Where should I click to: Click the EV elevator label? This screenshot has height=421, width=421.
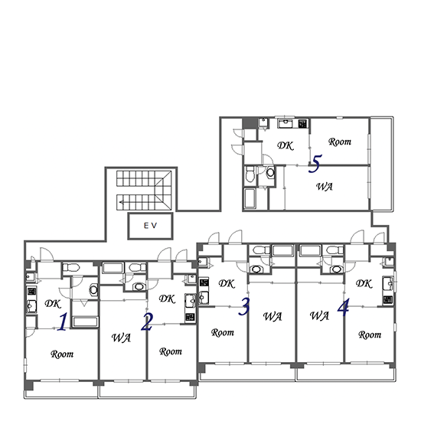[x=150, y=226]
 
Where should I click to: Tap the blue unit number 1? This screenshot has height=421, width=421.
[x=63, y=321]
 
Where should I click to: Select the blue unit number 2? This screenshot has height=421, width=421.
[x=147, y=322]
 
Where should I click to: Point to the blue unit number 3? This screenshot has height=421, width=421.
[x=244, y=306]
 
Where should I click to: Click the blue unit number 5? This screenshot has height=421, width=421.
[x=315, y=163]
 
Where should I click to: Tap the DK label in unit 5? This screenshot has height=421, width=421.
[x=286, y=145]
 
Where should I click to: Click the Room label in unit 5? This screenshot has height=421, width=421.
[x=340, y=142]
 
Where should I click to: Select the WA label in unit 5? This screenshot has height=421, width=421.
[x=325, y=187]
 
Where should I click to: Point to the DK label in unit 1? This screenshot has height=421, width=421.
[x=53, y=304]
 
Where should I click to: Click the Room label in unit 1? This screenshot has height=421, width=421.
[x=62, y=354]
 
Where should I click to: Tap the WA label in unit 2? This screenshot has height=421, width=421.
[x=121, y=338]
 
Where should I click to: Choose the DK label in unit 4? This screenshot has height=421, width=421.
[x=364, y=283]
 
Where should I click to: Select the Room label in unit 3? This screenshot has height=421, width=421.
[x=223, y=333]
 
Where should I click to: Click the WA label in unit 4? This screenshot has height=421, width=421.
[x=319, y=315]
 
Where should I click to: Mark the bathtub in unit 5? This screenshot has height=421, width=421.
[x=250, y=199]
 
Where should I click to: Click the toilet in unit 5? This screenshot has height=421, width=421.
[x=250, y=174]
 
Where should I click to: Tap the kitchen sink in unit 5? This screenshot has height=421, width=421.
[x=286, y=124]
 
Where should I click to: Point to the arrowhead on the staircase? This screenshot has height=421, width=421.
[x=121, y=202]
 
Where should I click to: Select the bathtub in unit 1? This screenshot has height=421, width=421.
[x=86, y=322]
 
